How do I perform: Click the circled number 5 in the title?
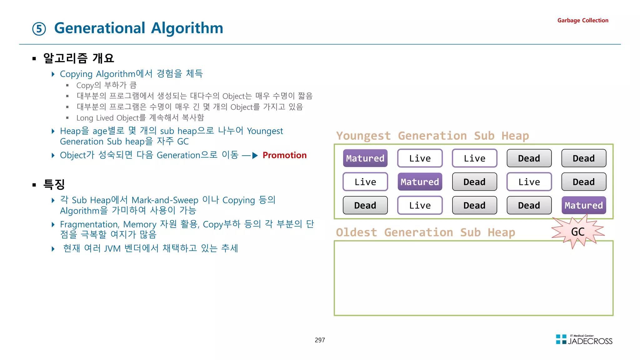point(39,29)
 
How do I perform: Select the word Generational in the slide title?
point(100,28)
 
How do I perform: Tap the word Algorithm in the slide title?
point(187,28)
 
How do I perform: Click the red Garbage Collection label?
point(582,20)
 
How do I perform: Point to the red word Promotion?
point(284,155)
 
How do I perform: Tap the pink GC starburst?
point(577,232)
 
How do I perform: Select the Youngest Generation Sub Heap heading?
point(432,136)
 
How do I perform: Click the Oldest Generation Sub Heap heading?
point(425,232)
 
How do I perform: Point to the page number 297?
point(320,340)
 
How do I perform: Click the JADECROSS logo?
point(584,340)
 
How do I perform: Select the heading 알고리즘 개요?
point(78,58)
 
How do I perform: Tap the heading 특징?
point(54,184)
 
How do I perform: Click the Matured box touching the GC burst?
point(583,205)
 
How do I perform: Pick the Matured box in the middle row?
point(420,182)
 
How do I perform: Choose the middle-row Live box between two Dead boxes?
point(529,182)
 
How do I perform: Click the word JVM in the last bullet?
point(112,249)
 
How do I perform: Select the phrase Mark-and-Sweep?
point(165,200)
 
